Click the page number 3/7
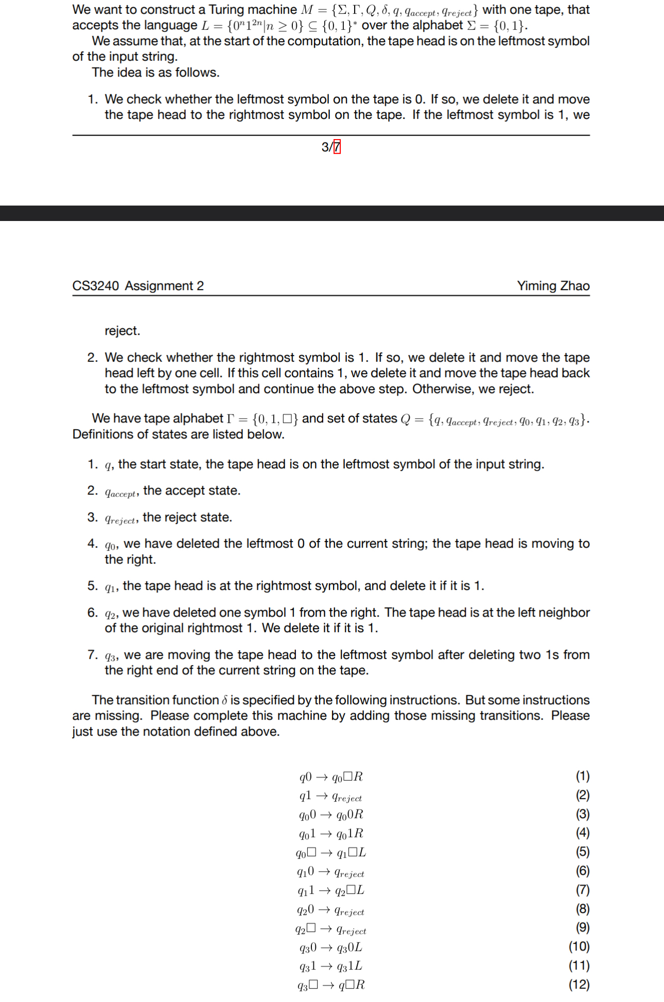[x=330, y=147]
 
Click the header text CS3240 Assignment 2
[x=138, y=286]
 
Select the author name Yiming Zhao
[x=553, y=286]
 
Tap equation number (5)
[x=582, y=852]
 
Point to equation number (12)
[x=579, y=984]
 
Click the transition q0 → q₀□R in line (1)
[x=331, y=777]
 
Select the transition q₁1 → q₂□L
[x=331, y=890]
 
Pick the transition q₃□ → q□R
[x=331, y=985]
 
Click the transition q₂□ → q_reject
[x=331, y=929]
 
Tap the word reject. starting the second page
[x=122, y=331]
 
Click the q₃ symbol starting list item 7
[x=111, y=656]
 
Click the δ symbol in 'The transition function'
[x=224, y=701]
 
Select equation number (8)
[x=582, y=909]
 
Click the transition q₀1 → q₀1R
[x=331, y=834]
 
